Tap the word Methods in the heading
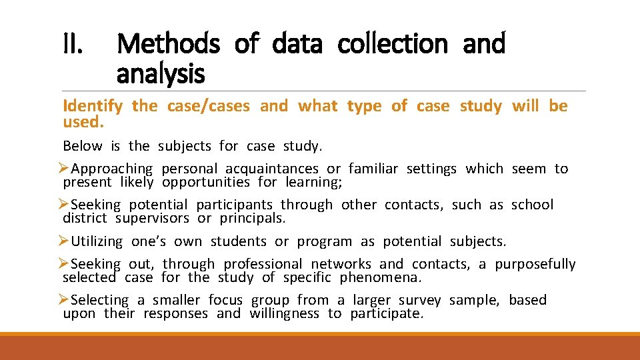[x=168, y=44]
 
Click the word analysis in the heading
[x=160, y=73]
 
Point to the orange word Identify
[x=93, y=106]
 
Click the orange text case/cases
[x=209, y=105]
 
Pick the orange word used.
[x=83, y=123]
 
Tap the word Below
[x=83, y=145]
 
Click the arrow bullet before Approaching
[x=64, y=169]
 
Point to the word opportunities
[x=205, y=182]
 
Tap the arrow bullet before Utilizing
[x=64, y=241]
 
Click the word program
[x=325, y=241]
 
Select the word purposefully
[x=535, y=264]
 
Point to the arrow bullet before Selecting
[x=64, y=300]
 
